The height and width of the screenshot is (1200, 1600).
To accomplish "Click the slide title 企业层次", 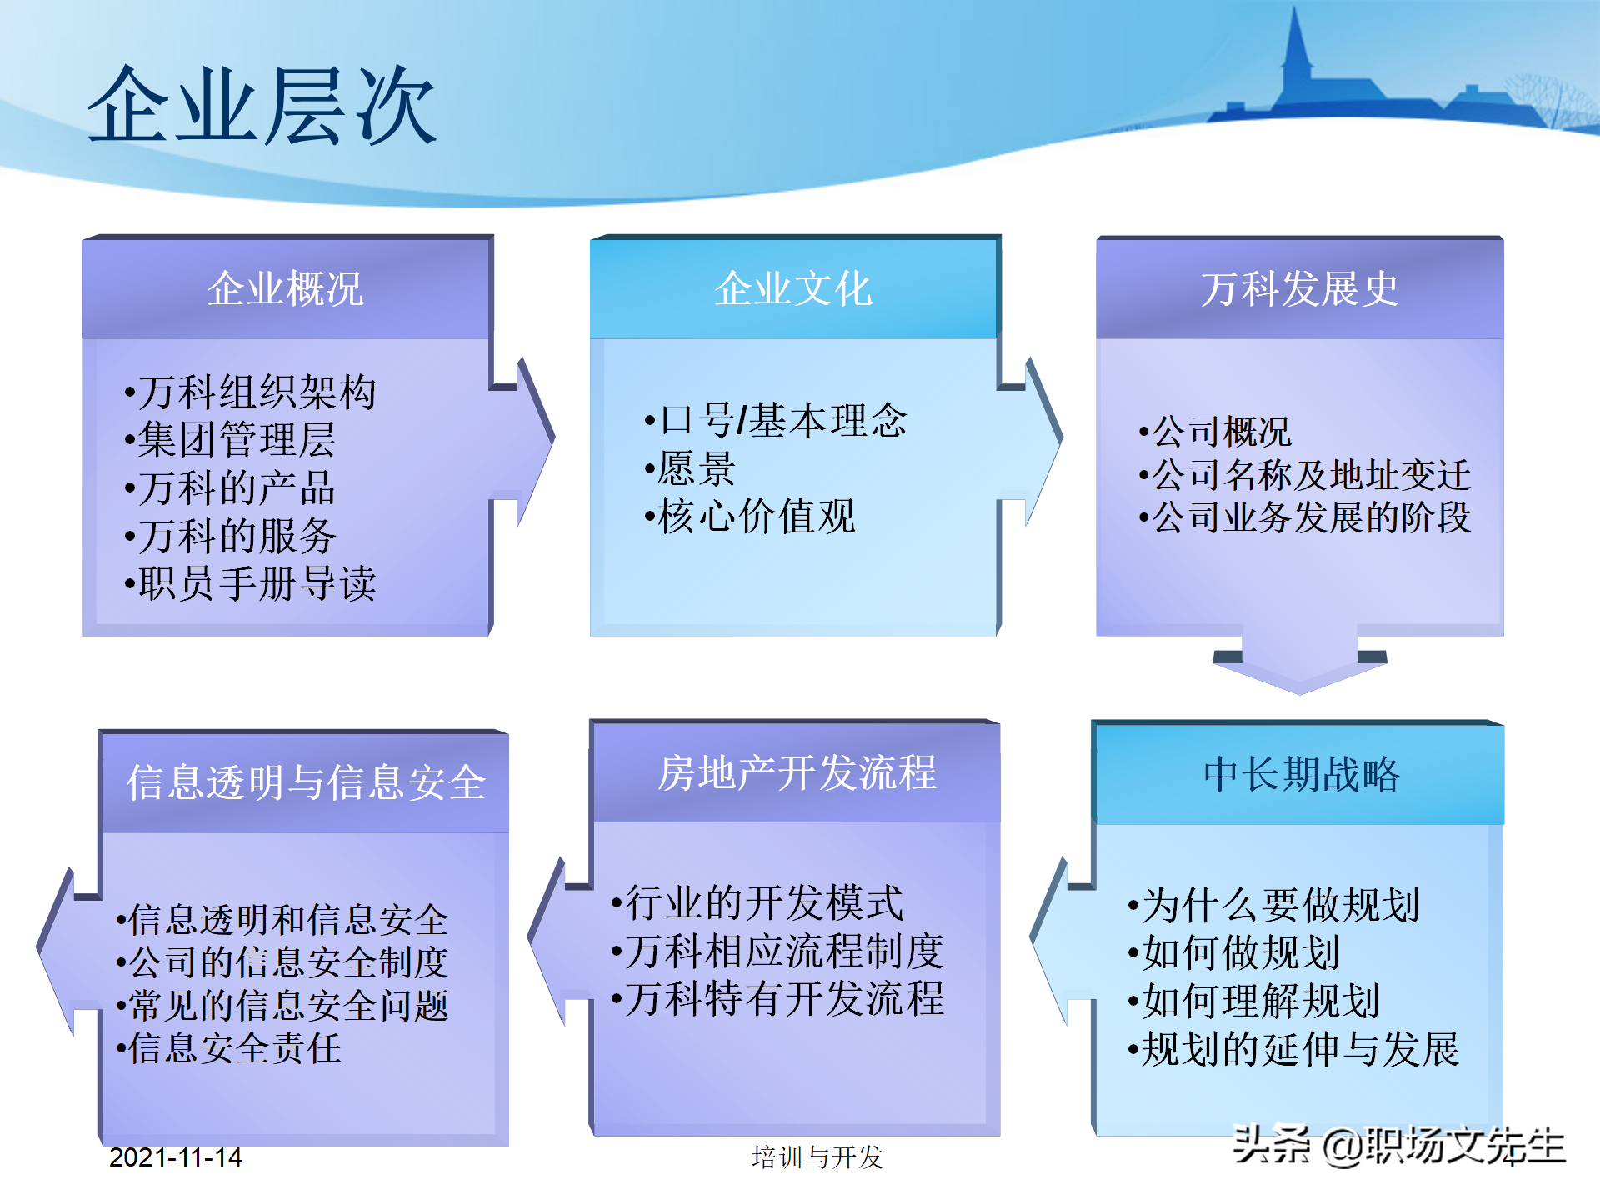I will [x=262, y=107].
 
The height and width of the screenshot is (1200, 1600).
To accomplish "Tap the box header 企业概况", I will [x=285, y=289].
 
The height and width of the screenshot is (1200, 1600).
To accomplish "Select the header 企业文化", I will [x=792, y=289].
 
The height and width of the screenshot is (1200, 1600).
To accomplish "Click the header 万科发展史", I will [x=1299, y=289].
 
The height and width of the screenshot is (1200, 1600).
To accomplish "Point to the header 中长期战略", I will [x=1301, y=775].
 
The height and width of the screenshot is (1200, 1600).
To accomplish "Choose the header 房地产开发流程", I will [x=797, y=773].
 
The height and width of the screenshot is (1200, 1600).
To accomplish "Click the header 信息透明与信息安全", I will [x=306, y=783].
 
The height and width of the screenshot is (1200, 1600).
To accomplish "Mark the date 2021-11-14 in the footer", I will [x=175, y=1157].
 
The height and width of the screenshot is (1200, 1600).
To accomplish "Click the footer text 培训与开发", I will [x=817, y=1157].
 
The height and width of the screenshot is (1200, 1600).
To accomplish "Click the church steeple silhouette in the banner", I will [x=1296, y=50].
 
